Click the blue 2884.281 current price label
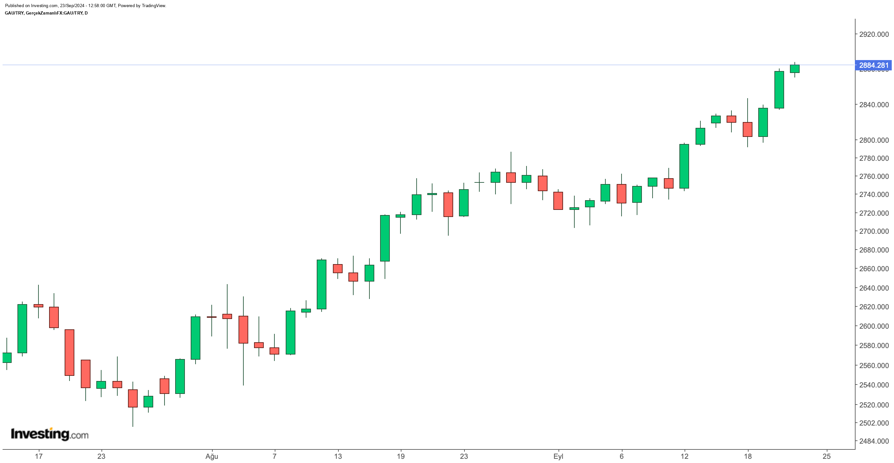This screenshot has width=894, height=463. point(874,65)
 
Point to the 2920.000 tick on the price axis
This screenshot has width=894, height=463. point(874,34)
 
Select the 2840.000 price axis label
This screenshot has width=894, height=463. point(874,104)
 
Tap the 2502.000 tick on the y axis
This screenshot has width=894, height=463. point(874,423)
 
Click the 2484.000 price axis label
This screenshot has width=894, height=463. point(874,441)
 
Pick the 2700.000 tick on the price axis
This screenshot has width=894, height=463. point(874,231)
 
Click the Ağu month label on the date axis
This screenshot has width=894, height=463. point(212,457)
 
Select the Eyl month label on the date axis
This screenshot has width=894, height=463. point(558,457)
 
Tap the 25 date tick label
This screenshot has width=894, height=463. point(827,457)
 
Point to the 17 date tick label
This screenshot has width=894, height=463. point(38,457)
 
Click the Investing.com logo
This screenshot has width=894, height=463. point(50,434)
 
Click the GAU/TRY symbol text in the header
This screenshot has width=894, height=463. point(14,13)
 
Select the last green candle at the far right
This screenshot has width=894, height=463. point(795,69)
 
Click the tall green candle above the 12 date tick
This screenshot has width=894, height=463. point(684,166)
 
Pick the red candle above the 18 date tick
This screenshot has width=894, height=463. point(748,129)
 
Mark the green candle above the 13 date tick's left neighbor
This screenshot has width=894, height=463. point(322,284)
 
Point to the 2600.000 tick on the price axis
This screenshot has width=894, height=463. point(874,326)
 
